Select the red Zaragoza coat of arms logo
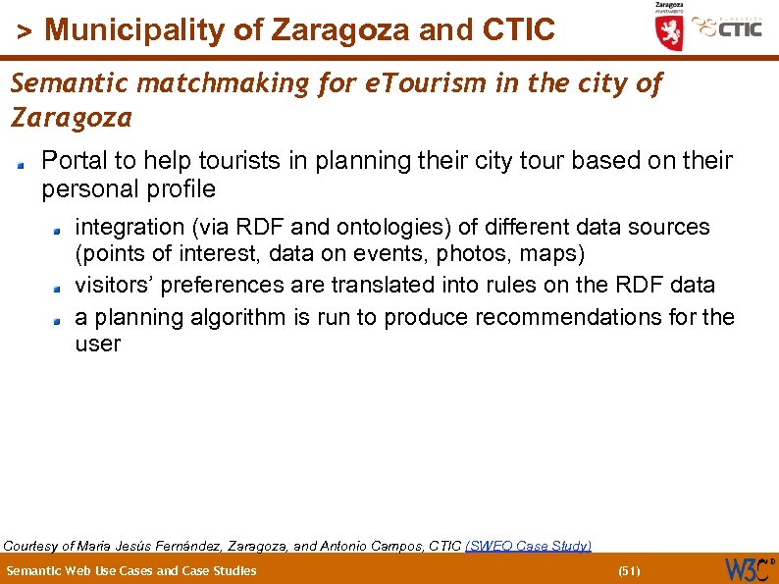(669, 29)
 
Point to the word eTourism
(425, 84)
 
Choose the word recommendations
(580, 318)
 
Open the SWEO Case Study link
(528, 545)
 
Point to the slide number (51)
(629, 570)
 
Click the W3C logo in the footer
(749, 569)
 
